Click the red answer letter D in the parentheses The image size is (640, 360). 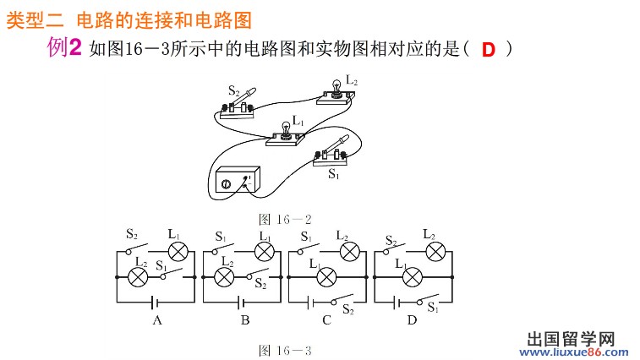(489, 50)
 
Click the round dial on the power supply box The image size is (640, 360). (227, 183)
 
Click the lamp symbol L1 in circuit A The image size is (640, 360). (178, 251)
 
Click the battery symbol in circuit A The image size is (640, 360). (155, 301)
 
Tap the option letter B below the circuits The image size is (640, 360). (244, 321)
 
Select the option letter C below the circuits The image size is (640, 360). (325, 321)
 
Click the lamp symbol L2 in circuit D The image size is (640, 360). (435, 251)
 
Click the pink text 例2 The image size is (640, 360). (64, 49)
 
